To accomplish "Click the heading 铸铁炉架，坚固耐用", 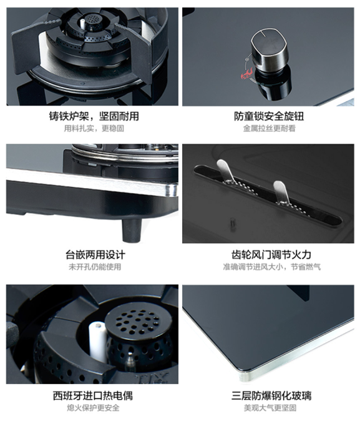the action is (x=94, y=116).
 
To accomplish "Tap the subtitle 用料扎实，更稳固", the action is (x=94, y=128).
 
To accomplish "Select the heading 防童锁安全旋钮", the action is (x=269, y=116).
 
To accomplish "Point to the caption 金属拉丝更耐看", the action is (x=269, y=128).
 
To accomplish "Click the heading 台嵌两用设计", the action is (x=95, y=255).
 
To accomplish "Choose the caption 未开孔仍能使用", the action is (x=95, y=267).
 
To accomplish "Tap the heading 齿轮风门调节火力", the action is (x=271, y=255).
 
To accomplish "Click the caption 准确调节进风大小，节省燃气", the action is (x=271, y=267).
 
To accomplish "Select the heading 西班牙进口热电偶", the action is (x=93, y=395).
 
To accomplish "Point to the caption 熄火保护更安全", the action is (x=93, y=408).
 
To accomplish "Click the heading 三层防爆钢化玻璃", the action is (x=271, y=395).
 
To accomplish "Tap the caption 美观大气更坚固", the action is (x=270, y=408).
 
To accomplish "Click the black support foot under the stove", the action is (x=132, y=230).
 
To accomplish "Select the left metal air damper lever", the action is (x=225, y=171).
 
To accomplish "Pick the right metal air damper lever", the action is (x=281, y=191).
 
